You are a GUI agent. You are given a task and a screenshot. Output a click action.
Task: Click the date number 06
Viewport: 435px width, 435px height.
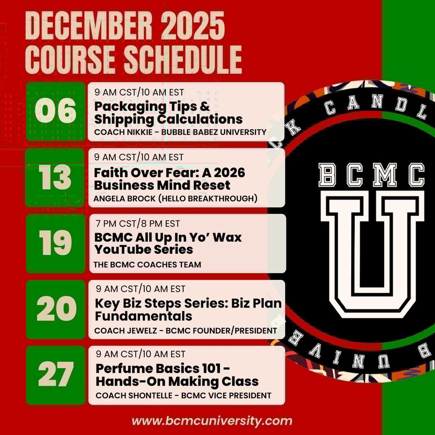point(55,111)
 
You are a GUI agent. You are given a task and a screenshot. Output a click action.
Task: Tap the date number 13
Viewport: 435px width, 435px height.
point(55,177)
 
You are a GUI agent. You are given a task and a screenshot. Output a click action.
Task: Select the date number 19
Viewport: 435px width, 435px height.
point(55,243)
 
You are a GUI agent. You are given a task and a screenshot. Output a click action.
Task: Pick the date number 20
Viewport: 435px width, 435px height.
point(56,308)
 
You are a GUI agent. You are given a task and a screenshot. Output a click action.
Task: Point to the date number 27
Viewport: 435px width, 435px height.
point(56,374)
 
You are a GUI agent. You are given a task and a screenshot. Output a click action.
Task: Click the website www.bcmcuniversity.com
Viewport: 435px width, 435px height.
point(212,421)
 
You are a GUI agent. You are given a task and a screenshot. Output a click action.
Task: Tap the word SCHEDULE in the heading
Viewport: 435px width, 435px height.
point(183,59)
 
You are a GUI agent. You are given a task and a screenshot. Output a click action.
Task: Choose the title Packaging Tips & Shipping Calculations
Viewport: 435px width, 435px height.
point(168,113)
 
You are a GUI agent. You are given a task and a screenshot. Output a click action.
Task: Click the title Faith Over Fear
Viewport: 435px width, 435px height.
point(144,173)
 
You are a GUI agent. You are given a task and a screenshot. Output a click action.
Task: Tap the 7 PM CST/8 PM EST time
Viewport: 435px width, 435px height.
point(138,224)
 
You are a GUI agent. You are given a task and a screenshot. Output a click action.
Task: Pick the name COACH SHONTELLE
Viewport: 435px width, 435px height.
point(134,395)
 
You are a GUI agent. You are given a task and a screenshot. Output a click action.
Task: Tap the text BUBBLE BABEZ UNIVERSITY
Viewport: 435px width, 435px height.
point(214,132)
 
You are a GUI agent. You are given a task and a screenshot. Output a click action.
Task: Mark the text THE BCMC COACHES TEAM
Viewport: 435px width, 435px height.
point(147,265)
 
